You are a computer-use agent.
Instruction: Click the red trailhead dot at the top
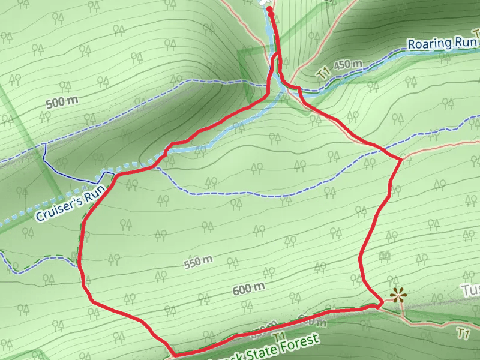coord(269,10)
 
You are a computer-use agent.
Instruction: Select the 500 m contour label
coord(62,102)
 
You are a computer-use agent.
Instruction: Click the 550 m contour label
coord(199,262)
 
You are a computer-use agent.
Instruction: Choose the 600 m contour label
coord(248,289)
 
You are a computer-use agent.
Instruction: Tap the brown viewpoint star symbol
coord(397,295)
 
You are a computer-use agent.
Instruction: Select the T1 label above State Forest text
coord(278,336)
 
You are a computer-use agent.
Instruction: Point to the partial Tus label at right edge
coord(470,290)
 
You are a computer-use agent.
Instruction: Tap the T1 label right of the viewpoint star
coord(463,332)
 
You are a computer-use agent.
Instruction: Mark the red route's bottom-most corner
coord(172,353)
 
